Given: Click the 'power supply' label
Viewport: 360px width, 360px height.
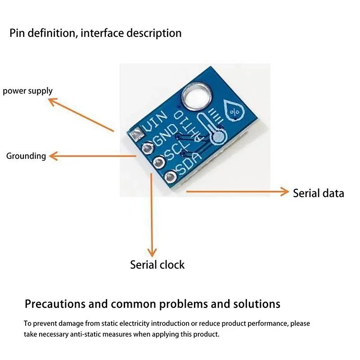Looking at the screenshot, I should coord(28,91).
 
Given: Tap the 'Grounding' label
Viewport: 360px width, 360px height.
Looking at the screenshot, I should coord(26,156).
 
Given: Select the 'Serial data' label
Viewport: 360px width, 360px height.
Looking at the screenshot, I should coord(318,193).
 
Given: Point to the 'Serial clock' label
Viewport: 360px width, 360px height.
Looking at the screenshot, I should coord(157,265).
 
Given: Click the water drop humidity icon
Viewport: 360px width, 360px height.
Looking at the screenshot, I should coord(234,110).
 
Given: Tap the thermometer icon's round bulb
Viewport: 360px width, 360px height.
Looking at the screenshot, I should coord(218,137).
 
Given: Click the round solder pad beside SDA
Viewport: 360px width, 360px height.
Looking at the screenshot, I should coord(171,177).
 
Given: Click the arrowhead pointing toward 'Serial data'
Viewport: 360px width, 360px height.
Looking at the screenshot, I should coord(284,191).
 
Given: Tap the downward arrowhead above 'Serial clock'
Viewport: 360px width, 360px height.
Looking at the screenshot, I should coord(153,252).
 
